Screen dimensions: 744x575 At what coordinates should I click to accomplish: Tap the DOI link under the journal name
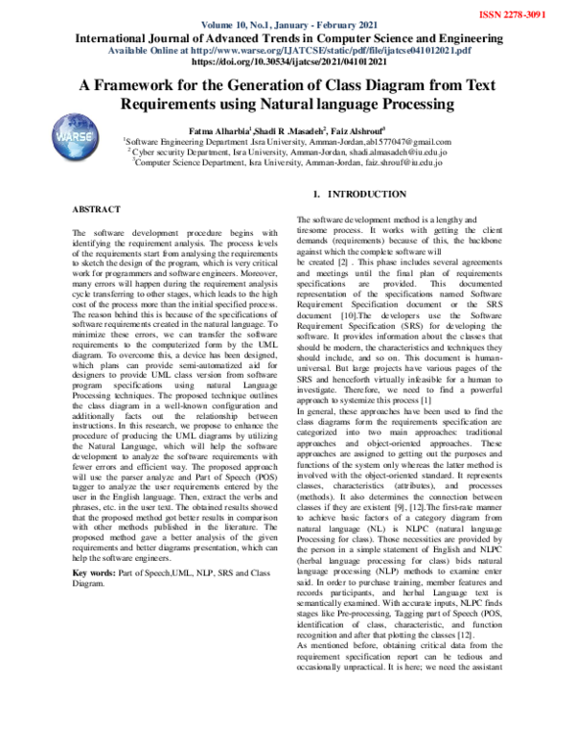[287, 60]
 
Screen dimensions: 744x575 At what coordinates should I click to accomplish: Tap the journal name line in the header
[287, 36]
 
